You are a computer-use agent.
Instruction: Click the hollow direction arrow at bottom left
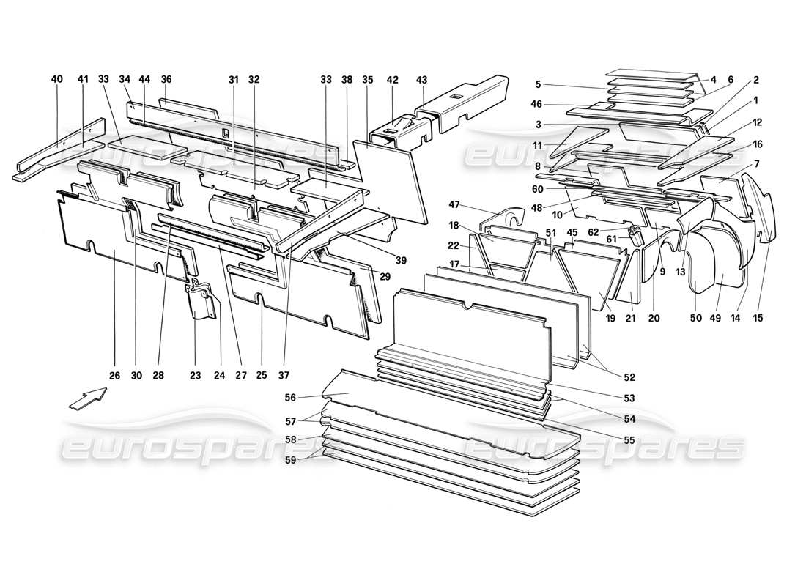(x=87, y=401)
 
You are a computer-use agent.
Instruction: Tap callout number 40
(x=57, y=79)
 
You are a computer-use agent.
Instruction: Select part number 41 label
(x=82, y=79)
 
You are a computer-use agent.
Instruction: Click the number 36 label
(x=166, y=79)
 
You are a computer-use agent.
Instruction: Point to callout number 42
(x=393, y=79)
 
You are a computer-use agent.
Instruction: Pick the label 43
(x=421, y=79)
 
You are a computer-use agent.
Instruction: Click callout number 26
(x=114, y=375)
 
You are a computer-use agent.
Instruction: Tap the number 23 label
(x=195, y=375)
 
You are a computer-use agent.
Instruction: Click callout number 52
(x=629, y=377)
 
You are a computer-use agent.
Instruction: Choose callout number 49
(x=725, y=318)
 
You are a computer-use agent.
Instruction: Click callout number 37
(x=283, y=375)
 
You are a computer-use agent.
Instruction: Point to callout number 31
(x=234, y=79)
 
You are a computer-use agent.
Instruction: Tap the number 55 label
(x=629, y=440)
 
